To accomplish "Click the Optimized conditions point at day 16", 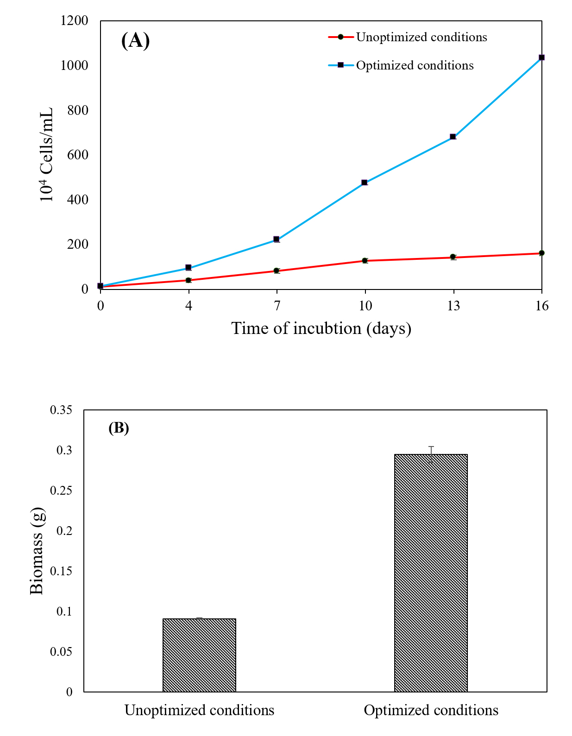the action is [x=541, y=57].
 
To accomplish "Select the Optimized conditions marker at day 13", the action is [x=453, y=137].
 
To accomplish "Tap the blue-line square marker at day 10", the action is [x=365, y=182].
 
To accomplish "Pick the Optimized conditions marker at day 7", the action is [x=277, y=239].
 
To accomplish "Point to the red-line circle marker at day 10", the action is [x=365, y=260].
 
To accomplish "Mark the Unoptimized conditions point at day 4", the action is [x=189, y=280].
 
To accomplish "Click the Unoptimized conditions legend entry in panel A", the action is [x=408, y=37].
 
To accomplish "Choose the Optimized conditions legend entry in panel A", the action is [x=401, y=65].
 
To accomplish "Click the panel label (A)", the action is [x=135, y=41].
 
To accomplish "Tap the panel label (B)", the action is [x=119, y=428].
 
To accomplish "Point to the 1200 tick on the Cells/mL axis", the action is [x=74, y=21].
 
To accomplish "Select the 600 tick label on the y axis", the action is [x=77, y=155].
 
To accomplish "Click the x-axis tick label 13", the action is [x=453, y=306].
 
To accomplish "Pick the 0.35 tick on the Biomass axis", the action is [x=61, y=410].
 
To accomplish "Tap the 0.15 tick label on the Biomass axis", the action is [x=61, y=571].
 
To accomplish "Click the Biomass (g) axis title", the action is [x=37, y=551].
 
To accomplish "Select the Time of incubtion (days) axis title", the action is [x=321, y=328].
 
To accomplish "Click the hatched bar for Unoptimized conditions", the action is [x=199, y=655].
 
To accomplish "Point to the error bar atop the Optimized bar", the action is [x=431, y=454].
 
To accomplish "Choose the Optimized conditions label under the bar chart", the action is [x=431, y=710].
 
